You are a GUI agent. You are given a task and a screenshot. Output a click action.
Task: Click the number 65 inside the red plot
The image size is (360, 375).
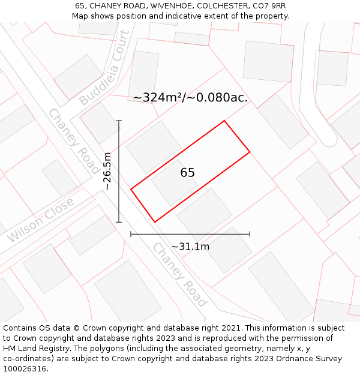tap(187, 173)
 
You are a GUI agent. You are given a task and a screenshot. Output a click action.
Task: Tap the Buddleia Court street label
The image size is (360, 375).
tap(104, 68)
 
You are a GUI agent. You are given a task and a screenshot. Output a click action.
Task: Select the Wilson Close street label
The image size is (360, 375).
tap(41, 220)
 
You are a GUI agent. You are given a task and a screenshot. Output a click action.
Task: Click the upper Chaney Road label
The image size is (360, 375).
tap(73, 141)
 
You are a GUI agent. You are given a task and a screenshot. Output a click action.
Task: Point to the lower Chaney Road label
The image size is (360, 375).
tap(179, 275)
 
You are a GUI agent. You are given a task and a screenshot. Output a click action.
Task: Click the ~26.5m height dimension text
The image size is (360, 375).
tap(107, 171)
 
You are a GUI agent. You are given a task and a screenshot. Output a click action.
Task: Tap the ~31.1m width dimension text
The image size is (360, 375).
tap(190, 247)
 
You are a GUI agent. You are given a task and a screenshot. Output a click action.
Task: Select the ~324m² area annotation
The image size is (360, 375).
tap(190, 97)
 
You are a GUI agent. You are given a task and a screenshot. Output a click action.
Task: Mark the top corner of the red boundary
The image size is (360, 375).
tap(224, 121)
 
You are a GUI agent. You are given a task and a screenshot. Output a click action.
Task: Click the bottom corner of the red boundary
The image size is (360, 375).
tap(155, 222)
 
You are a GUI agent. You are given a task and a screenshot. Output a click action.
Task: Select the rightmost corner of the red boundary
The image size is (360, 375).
tap(250, 152)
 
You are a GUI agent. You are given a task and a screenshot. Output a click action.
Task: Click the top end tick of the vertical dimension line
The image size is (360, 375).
tap(119, 121)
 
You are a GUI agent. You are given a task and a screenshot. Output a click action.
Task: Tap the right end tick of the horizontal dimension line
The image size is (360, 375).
tap(250, 234)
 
